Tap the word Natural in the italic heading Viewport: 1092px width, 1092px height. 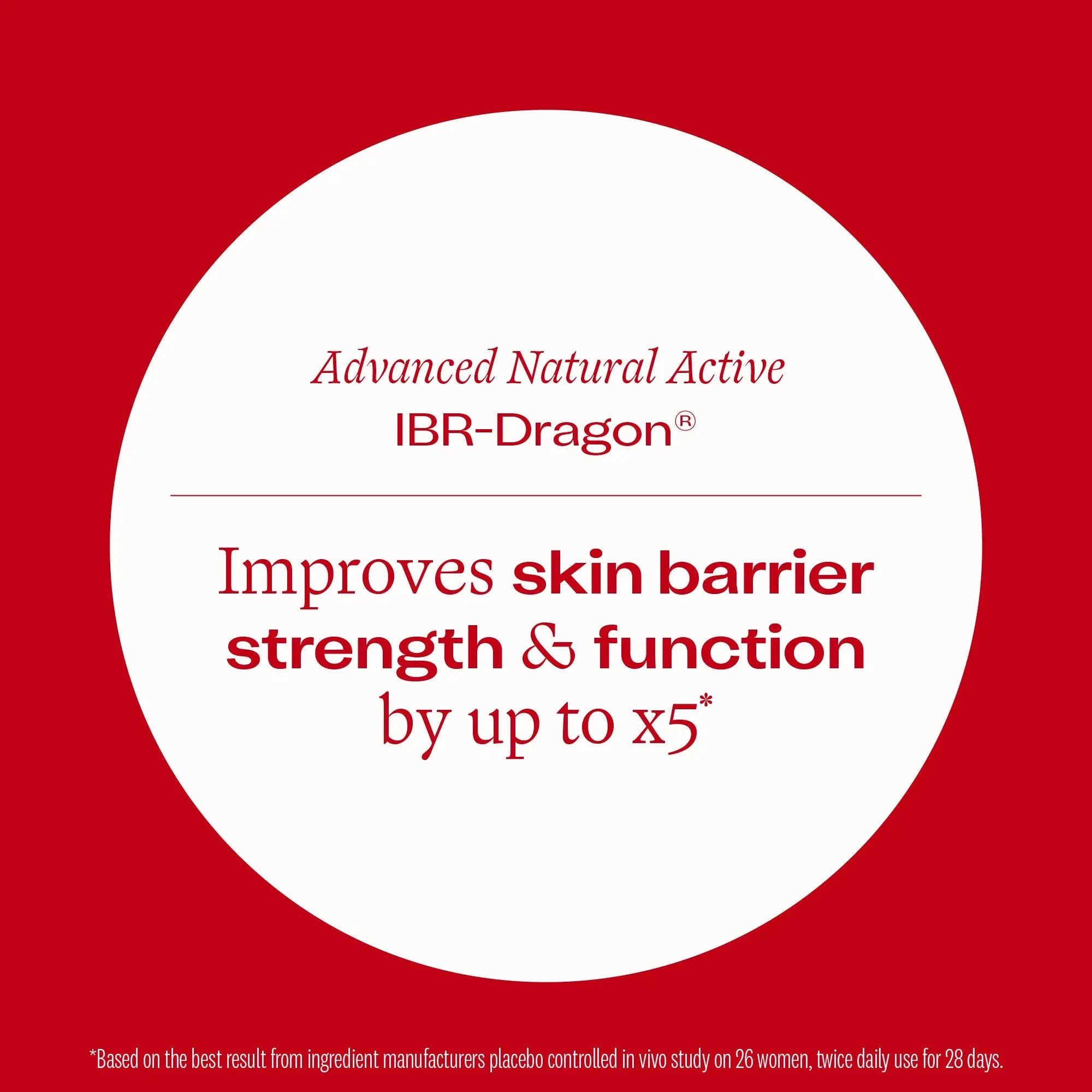(581, 369)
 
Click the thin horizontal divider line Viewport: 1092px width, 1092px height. (546, 496)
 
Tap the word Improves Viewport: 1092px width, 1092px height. (356, 578)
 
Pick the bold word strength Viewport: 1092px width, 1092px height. (365, 650)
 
